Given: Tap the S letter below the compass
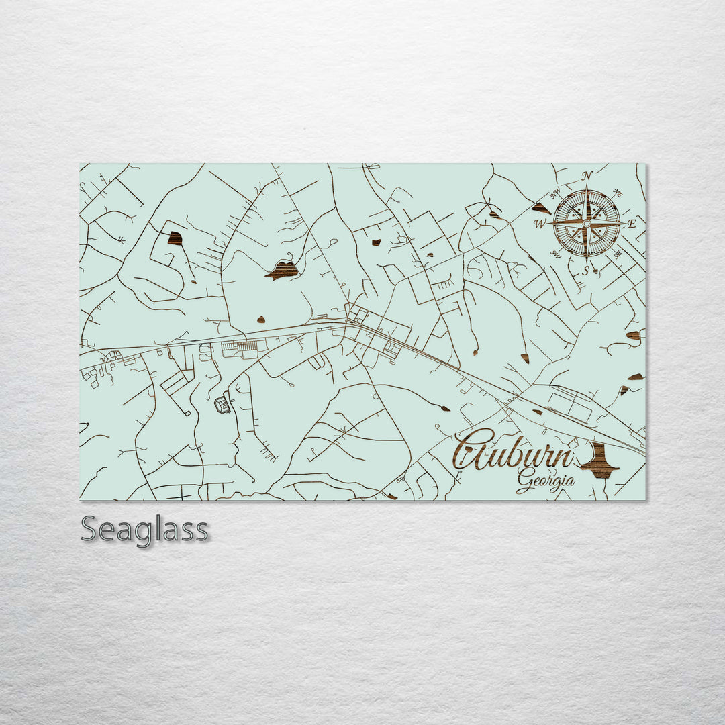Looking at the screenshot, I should coord(585,271).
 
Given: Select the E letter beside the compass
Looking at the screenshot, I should coord(631,224).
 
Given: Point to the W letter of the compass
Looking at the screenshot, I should coord(540,223).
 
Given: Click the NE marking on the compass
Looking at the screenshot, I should coord(618,193).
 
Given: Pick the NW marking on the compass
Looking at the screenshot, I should coord(555,195).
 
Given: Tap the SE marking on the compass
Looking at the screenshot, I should coord(617,255).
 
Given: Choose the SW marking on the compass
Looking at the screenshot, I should coord(556,254).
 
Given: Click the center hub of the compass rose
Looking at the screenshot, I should coord(587,224).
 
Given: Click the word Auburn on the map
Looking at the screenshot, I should coord(514,452).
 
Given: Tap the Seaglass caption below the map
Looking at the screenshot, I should coord(144,530).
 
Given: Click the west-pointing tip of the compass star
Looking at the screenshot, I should coord(550,224).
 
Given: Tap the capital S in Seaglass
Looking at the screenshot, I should coord(90,530).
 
